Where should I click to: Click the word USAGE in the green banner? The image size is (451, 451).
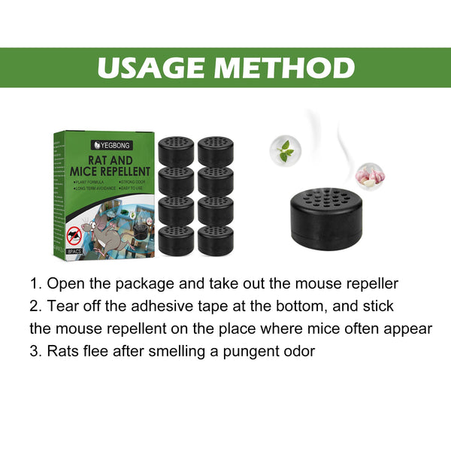(x=154, y=68)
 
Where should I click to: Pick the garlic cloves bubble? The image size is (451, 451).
(x=370, y=177)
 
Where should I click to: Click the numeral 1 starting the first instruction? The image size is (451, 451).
(x=34, y=284)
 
